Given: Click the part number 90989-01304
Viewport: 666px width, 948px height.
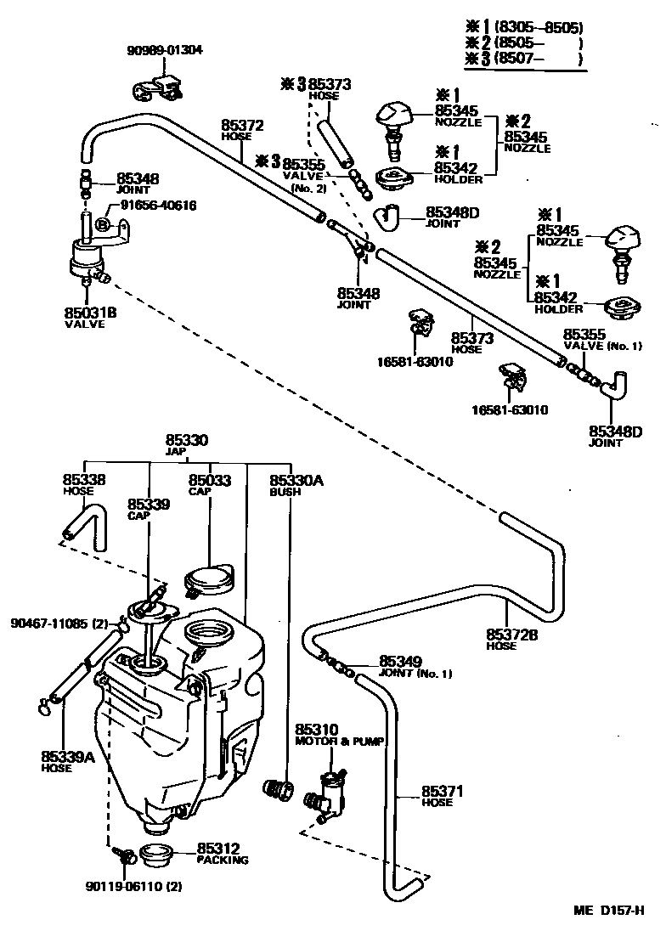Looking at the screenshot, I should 166,49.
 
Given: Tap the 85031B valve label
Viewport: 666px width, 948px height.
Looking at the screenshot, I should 90,316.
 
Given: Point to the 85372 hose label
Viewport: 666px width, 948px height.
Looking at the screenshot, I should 243,129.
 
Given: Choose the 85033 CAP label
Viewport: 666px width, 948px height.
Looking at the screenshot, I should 209,484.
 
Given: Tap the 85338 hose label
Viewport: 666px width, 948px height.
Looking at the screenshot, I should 84,484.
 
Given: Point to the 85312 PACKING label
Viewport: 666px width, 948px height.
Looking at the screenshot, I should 223,852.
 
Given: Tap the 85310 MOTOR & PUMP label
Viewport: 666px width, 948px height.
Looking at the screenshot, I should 337,735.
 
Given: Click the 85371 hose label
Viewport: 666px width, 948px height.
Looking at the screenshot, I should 442,796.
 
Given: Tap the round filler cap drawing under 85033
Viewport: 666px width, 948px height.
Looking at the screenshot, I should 208,580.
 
